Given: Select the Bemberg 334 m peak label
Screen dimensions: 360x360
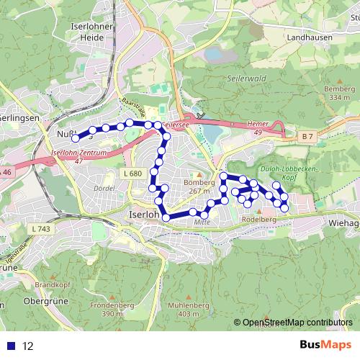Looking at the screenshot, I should tap(336, 92).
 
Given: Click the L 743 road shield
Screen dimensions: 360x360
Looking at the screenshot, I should tap(40, 228).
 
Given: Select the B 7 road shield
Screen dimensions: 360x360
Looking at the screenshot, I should tap(308, 136).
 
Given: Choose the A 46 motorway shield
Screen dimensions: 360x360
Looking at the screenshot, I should tap(6, 172).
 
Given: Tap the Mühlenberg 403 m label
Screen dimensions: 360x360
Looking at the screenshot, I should tap(188, 310).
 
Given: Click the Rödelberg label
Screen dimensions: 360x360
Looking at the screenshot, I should tap(260, 220).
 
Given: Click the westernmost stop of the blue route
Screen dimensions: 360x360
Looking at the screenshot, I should tap(76, 138).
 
